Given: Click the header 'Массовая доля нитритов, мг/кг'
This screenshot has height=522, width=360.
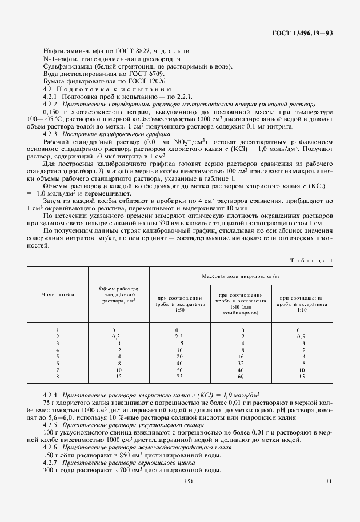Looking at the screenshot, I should pyautogui.click(x=240, y=276).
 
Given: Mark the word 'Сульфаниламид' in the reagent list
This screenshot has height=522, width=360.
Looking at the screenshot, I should pyautogui.click(x=65, y=66).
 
